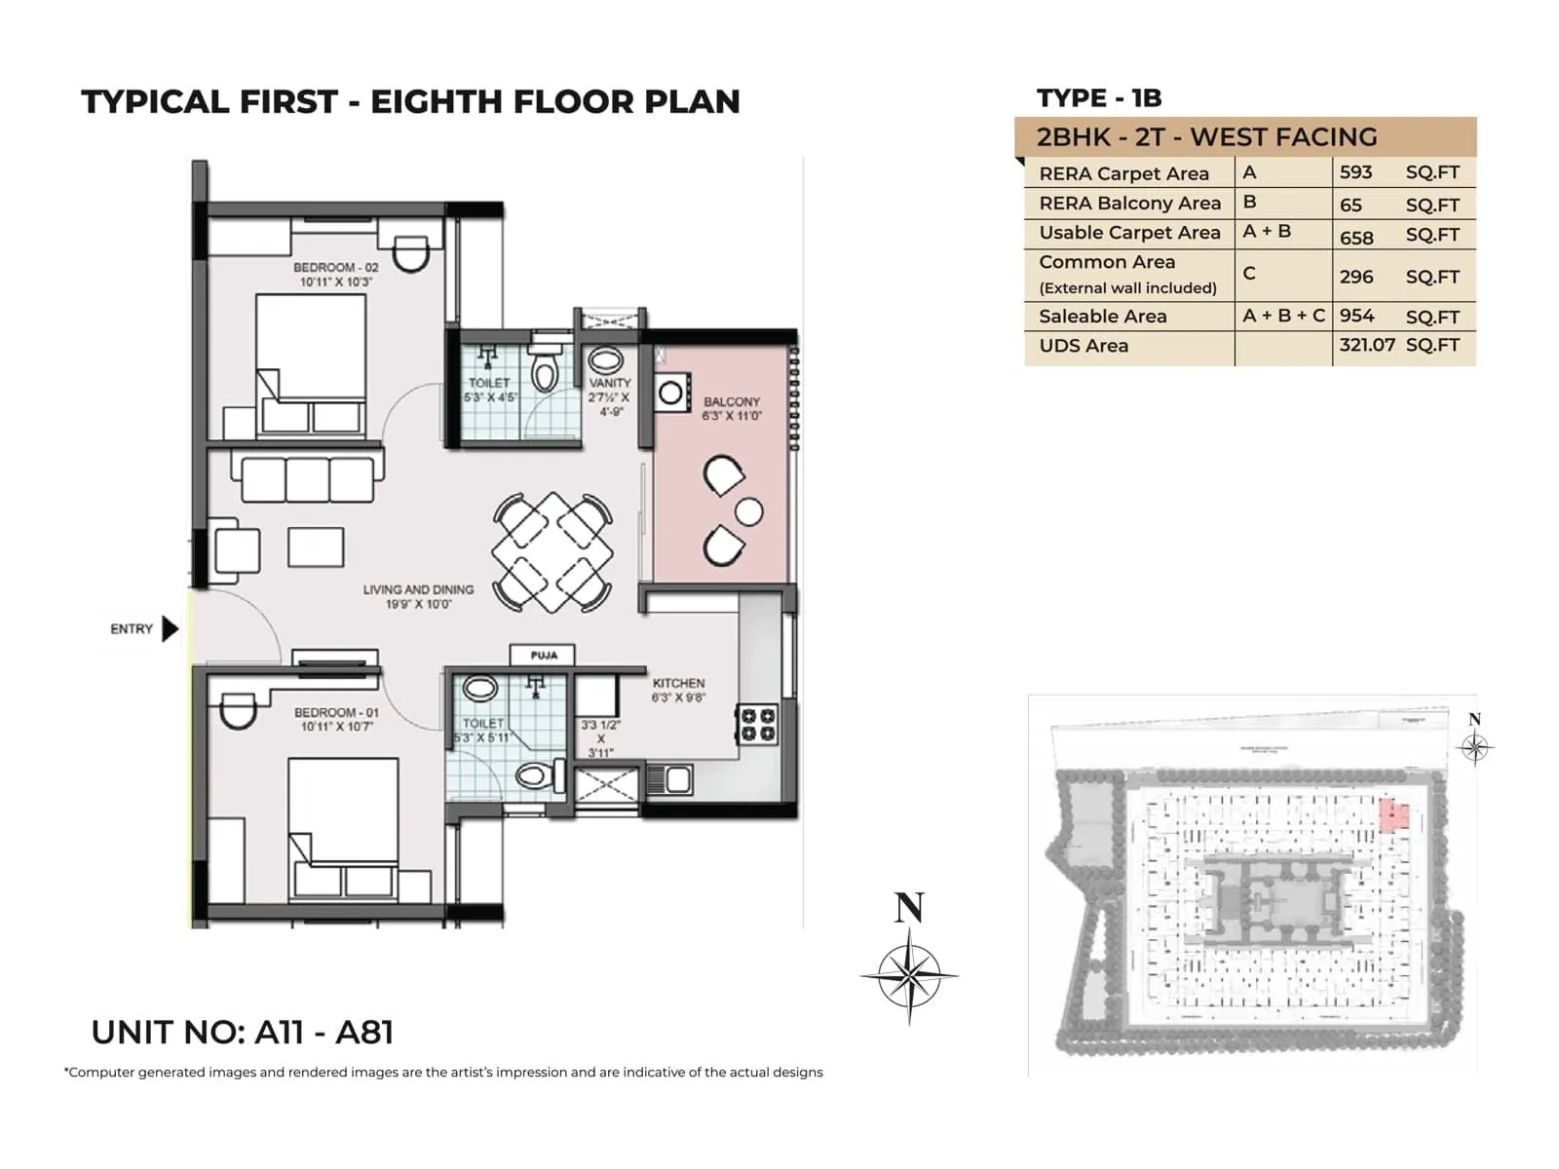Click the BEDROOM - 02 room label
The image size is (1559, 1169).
click(x=335, y=267)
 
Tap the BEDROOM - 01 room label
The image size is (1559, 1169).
click(x=336, y=712)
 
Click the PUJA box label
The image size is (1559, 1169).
click(x=543, y=656)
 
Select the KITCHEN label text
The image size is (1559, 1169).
click(x=678, y=683)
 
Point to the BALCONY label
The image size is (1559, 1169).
click(x=731, y=401)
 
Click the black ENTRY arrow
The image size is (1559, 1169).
click(x=170, y=628)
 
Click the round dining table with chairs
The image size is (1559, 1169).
click(x=552, y=552)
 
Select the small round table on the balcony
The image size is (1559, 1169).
click(x=748, y=510)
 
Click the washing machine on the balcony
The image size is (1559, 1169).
click(x=672, y=393)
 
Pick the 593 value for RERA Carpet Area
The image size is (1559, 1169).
click(x=1355, y=172)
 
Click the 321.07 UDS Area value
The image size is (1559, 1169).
click(x=1366, y=345)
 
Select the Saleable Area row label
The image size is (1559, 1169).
click(x=1102, y=317)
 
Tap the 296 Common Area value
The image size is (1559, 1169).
click(x=1355, y=277)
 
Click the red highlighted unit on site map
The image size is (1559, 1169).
click(x=1394, y=814)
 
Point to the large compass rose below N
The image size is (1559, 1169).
click(x=909, y=974)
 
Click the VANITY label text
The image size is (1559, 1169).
click(x=609, y=383)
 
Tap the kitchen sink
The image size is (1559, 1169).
click(x=669, y=778)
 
